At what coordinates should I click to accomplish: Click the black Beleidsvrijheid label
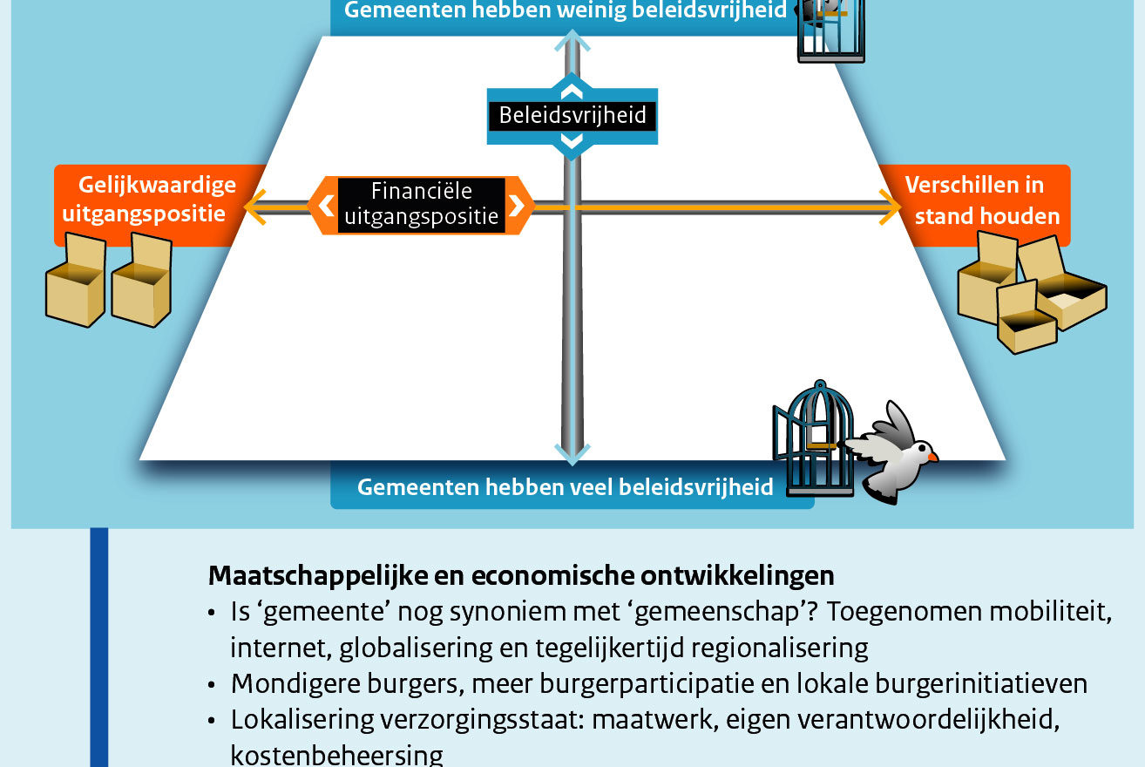pyautogui.click(x=572, y=116)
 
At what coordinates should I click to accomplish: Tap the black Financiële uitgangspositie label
pyautogui.click(x=422, y=205)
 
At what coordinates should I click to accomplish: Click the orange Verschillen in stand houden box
pyautogui.click(x=979, y=205)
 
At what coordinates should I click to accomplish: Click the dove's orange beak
pyautogui.click(x=933, y=457)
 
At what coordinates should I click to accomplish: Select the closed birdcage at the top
pyautogui.click(x=831, y=31)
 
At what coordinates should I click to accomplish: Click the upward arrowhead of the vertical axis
pyautogui.click(x=572, y=40)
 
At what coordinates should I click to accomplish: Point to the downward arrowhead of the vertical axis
pyautogui.click(x=572, y=455)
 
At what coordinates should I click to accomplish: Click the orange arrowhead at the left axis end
pyautogui.click(x=255, y=207)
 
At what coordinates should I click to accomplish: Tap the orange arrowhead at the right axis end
pyautogui.click(x=890, y=207)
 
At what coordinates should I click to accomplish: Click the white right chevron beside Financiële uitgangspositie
pyautogui.click(x=517, y=206)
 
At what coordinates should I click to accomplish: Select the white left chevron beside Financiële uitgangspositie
pyautogui.click(x=327, y=206)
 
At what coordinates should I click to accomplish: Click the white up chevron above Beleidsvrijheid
pyautogui.click(x=572, y=92)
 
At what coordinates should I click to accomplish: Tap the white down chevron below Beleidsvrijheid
pyautogui.click(x=572, y=140)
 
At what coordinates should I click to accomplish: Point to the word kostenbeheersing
pyautogui.click(x=337, y=755)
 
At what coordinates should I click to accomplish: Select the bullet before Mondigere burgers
pyautogui.click(x=212, y=685)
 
